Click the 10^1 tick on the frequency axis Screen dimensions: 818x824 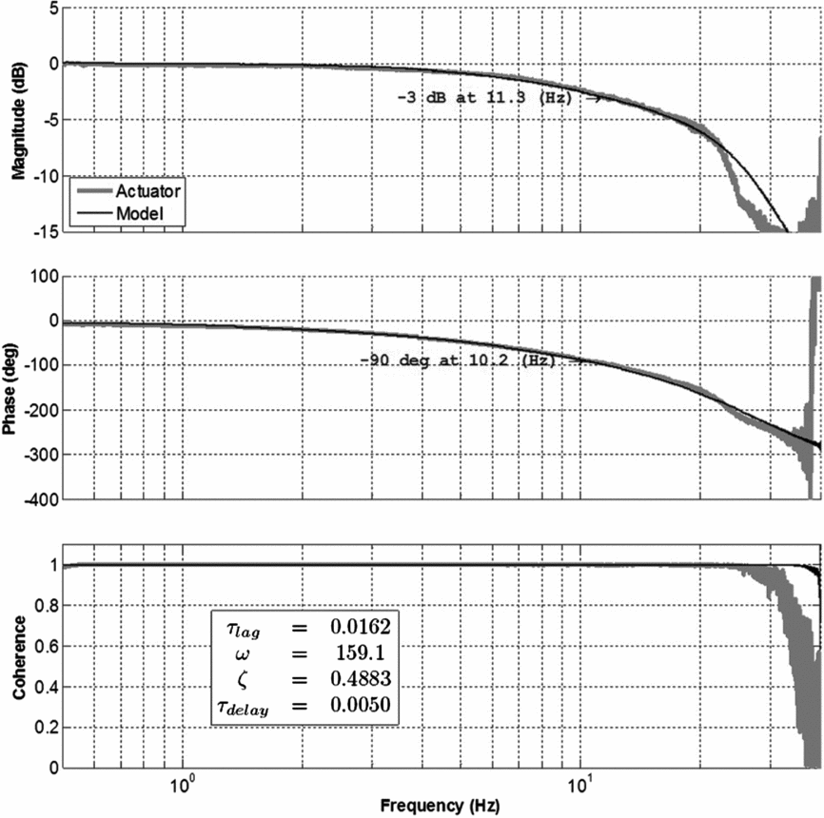579,784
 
